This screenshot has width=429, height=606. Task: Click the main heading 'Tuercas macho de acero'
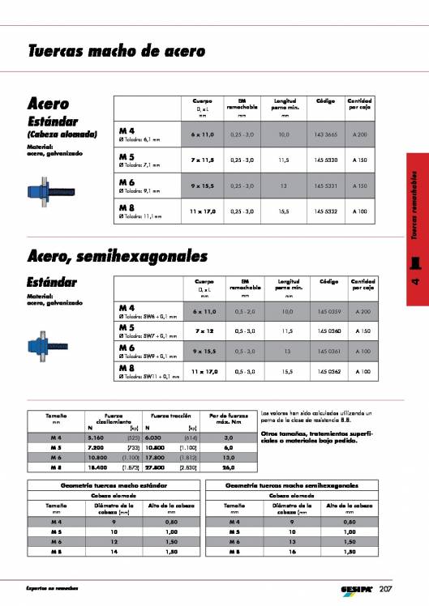coord(115,50)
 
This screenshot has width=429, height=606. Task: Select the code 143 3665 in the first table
coord(325,134)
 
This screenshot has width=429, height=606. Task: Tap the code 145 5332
coord(325,211)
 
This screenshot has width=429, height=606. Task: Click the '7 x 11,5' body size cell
coord(203,160)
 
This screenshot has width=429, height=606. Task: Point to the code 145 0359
coord(325,312)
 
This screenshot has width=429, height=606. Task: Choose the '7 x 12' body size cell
coord(203,331)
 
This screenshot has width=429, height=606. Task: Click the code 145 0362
coord(325,370)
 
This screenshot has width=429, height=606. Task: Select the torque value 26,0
coord(229,467)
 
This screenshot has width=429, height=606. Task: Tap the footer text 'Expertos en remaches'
coord(56,587)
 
